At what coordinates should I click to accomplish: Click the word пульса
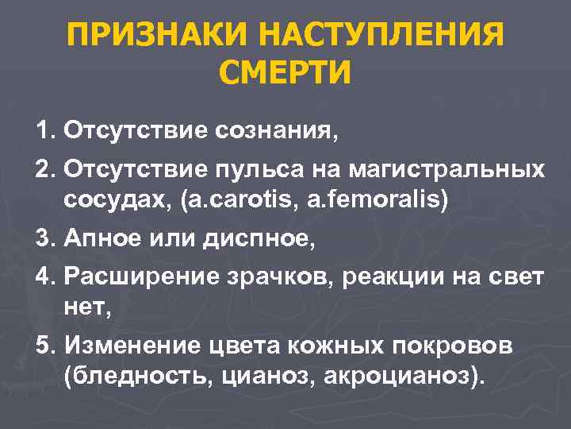coord(256,170)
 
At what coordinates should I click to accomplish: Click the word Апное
coord(100,239)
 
